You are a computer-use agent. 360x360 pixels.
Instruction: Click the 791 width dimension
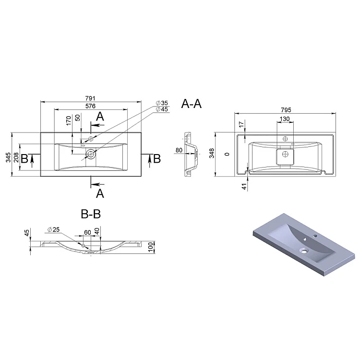(x=90, y=98)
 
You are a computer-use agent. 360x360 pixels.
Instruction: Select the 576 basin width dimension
(x=90, y=106)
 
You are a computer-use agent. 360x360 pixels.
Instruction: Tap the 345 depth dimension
(x=8, y=157)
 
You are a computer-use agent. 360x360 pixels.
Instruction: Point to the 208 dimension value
(x=16, y=157)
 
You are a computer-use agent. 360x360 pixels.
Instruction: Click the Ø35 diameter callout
(x=162, y=103)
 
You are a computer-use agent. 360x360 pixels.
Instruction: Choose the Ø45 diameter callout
(x=162, y=109)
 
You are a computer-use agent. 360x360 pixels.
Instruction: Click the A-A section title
(x=192, y=104)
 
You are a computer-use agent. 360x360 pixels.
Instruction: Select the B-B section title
(x=91, y=214)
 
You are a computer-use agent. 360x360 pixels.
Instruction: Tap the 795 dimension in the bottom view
(x=286, y=110)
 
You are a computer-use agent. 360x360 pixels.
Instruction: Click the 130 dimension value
(x=285, y=119)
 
